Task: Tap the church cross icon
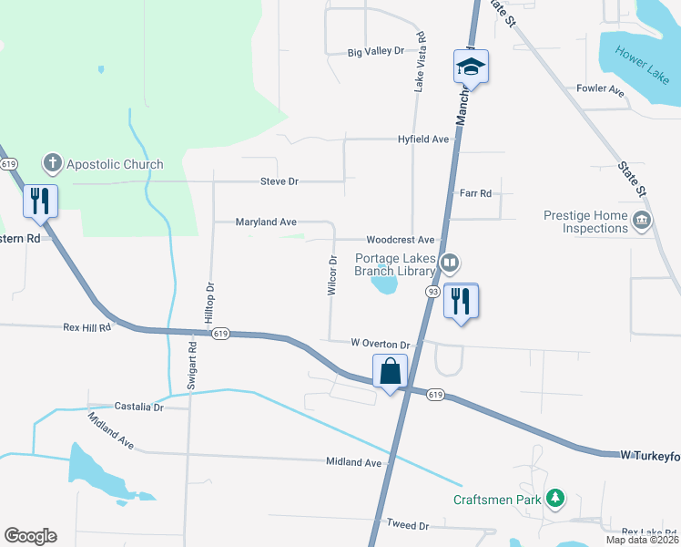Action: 53,165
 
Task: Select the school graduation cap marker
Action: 471,67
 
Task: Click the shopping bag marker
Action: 390,372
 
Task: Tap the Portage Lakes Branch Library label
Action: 395,265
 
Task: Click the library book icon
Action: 449,264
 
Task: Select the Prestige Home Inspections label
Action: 585,222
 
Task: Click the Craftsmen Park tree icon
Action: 554,499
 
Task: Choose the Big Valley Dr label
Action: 375,52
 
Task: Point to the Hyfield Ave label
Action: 423,139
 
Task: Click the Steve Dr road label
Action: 280,181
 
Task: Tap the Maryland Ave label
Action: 266,222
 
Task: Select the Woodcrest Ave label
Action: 401,240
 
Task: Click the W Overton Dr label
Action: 382,344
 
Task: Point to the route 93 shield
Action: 432,292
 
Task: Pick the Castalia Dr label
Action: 138,407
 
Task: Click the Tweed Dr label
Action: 407,525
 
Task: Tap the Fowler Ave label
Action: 600,90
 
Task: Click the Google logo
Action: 31,536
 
